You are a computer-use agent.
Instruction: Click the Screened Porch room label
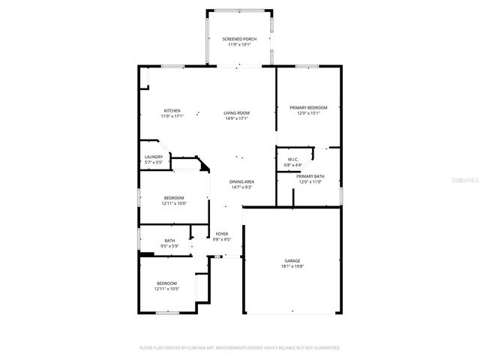[240, 39]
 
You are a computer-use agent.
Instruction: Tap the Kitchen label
[172, 110]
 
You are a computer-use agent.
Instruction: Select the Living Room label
[237, 112]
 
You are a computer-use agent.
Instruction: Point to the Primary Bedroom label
[308, 108]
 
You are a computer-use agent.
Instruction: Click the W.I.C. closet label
[292, 159]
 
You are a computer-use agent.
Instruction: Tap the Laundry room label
[154, 157]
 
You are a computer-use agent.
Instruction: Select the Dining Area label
[241, 181]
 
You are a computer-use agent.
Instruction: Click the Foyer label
[222, 234]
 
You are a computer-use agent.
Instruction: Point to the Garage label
[292, 260]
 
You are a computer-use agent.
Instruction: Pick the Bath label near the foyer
[169, 240]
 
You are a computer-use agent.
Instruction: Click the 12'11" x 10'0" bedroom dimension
[174, 203]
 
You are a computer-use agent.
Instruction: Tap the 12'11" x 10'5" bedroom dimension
[166, 289]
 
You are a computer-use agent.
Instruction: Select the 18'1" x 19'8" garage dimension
[292, 266]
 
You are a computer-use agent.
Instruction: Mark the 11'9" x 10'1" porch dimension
[240, 45]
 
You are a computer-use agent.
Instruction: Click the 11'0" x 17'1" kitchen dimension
[172, 116]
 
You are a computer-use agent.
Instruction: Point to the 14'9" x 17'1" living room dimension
[237, 118]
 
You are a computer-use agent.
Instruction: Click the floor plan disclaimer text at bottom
[240, 348]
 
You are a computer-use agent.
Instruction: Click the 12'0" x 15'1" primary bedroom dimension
[308, 114]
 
